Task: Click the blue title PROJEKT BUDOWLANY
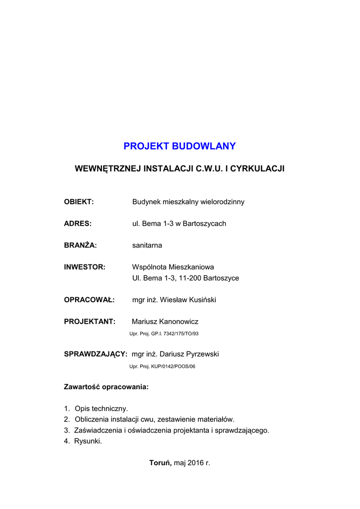pos(180,146)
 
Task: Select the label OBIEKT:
pos(79,202)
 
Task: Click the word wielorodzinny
pos(222,202)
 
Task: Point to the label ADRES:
pos(78,224)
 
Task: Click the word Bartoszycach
pos(204,224)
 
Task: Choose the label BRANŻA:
pos(80,246)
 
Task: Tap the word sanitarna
pos(147,246)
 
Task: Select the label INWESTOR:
pos(85,267)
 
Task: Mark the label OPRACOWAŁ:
pos(89,300)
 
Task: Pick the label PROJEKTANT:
pos(90,322)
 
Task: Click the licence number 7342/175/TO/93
pos(179,334)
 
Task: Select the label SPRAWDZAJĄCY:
pos(95,354)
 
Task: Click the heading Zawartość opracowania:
pos(106,387)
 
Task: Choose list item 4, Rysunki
pos(88,441)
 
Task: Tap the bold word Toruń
pos(161,463)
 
